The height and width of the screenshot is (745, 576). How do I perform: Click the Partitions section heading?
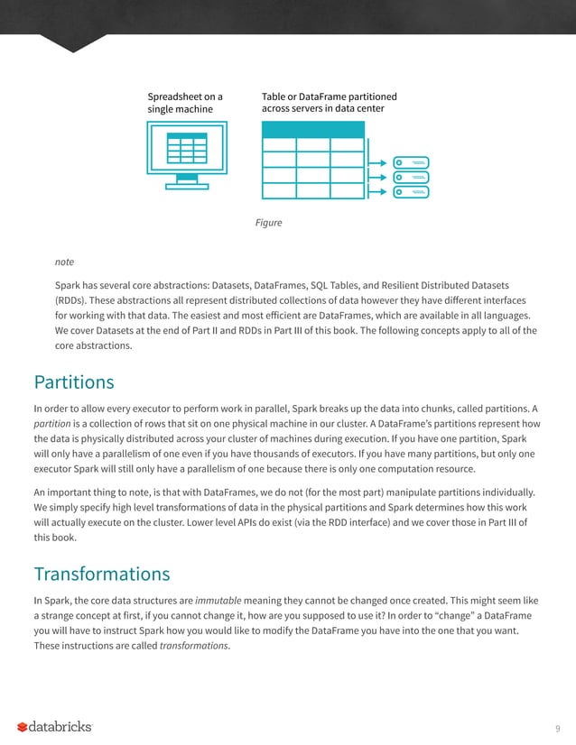(x=74, y=382)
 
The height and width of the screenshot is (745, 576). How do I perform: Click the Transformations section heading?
(x=102, y=574)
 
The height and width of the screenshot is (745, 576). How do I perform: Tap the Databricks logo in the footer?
(x=54, y=727)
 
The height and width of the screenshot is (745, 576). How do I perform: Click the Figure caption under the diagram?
(x=269, y=222)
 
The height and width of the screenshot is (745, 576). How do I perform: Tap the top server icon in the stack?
(x=413, y=162)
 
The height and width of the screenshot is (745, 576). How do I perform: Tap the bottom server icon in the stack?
(x=413, y=192)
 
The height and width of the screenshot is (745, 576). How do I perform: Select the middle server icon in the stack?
(x=413, y=177)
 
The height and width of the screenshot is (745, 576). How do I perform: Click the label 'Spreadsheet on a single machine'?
(x=185, y=102)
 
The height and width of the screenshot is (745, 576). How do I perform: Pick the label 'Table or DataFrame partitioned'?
(x=329, y=96)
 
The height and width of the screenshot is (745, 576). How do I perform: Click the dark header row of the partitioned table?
(x=312, y=128)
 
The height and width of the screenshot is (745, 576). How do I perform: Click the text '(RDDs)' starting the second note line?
(x=73, y=299)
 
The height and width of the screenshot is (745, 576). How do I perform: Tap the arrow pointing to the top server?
(x=382, y=162)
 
